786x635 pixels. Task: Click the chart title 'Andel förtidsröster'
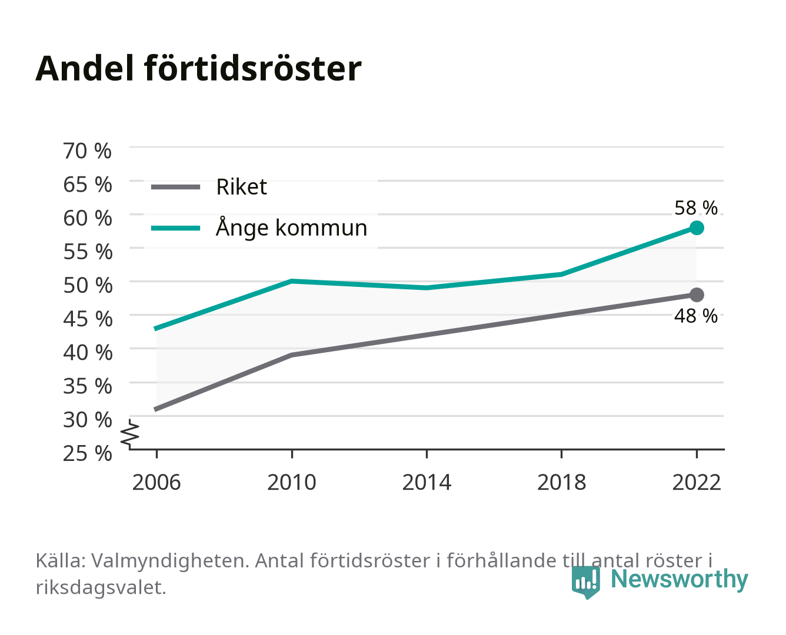click(198, 69)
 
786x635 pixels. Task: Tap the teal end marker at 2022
click(697, 228)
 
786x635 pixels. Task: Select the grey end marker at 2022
click(697, 295)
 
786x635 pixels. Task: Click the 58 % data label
click(695, 208)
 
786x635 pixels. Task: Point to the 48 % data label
click(695, 316)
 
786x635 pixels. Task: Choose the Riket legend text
click(241, 186)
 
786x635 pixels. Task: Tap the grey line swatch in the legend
click(176, 188)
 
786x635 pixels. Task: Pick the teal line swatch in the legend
click(176, 228)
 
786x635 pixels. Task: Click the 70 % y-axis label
click(88, 151)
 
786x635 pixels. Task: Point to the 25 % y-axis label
click(88, 453)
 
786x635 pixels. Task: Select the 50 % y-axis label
click(88, 285)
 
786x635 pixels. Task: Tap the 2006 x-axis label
click(156, 482)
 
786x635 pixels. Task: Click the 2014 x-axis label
click(427, 482)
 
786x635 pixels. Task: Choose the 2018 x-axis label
click(561, 482)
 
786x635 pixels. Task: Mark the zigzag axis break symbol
click(130, 434)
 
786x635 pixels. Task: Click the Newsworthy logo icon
click(585, 582)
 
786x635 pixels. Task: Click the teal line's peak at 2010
click(292, 281)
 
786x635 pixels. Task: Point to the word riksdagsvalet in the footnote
click(101, 587)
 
